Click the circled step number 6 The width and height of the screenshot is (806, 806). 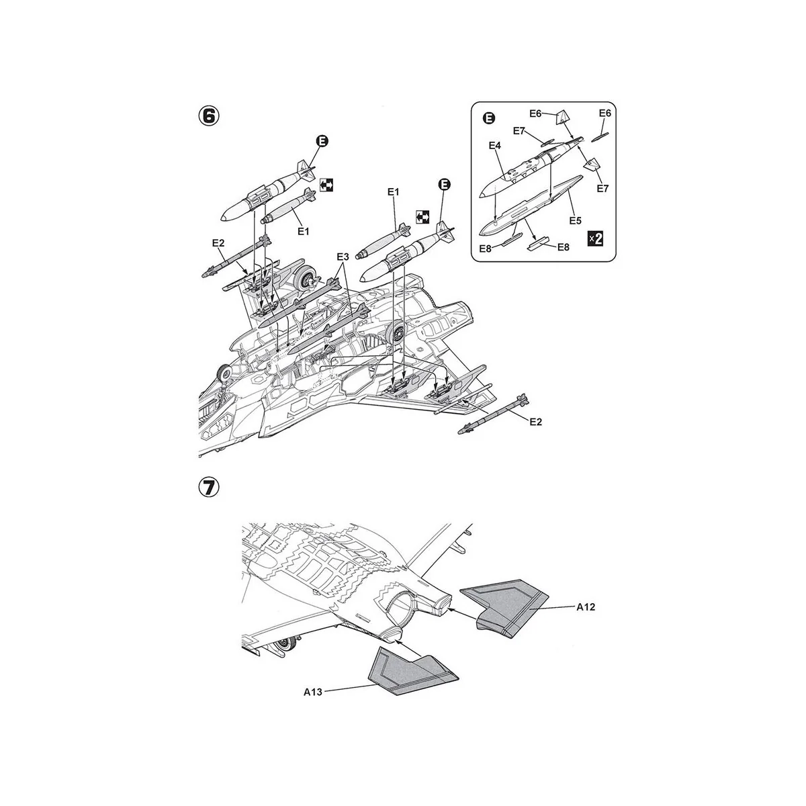pyautogui.click(x=208, y=116)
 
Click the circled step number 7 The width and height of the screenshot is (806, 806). pyautogui.click(x=208, y=488)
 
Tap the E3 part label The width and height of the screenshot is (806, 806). pyautogui.click(x=343, y=257)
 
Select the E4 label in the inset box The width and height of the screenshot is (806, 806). pyautogui.click(x=495, y=145)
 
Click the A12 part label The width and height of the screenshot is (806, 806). pyautogui.click(x=587, y=606)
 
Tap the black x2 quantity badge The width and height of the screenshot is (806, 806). pyautogui.click(x=594, y=238)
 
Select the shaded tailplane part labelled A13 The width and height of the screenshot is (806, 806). pyautogui.click(x=410, y=672)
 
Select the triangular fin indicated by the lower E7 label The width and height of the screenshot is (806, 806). pyautogui.click(x=591, y=165)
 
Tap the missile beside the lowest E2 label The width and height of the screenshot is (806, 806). pyautogui.click(x=494, y=414)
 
